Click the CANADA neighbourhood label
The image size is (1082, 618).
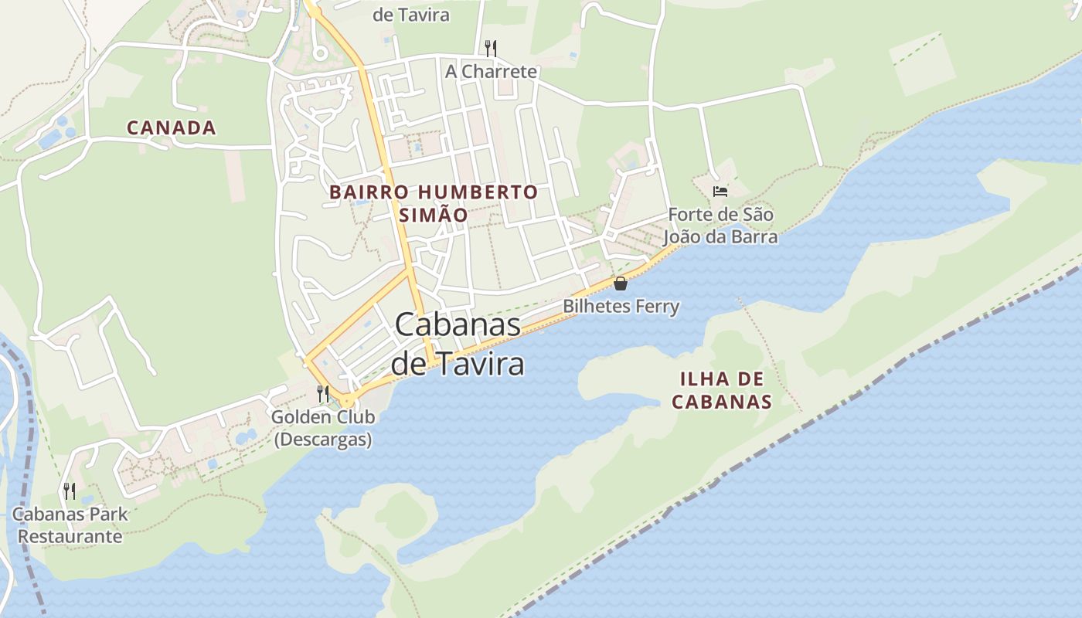pos(171,127)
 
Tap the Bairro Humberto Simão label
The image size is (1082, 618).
pos(434,203)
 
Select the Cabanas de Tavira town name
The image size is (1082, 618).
pos(458,344)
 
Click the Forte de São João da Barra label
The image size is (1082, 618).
pos(721,225)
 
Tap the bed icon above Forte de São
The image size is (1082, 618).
pos(720,191)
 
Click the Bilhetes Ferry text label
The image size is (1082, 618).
pos(621,307)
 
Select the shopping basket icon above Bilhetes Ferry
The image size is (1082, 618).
pos(620,284)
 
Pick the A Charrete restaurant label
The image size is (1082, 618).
pos(491,72)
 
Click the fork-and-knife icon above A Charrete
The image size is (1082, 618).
pos(490,48)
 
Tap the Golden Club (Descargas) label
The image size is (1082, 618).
pos(323,428)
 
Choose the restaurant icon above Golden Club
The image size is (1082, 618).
pos(323,394)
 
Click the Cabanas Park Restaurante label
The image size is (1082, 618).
pos(70,525)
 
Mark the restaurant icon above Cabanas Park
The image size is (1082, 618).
pos(70,491)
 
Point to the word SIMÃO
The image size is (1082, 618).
pos(434,215)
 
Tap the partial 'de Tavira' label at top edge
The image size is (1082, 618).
pos(410,15)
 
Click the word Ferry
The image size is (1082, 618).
pos(653,307)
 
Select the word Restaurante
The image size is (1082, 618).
pos(70,536)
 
